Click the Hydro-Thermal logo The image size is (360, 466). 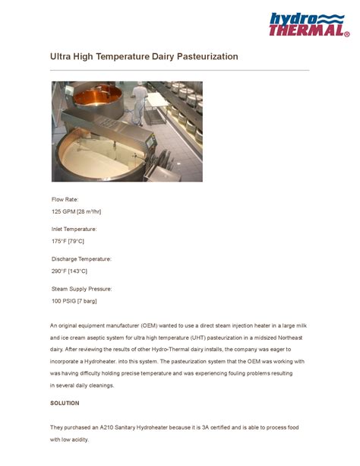(x=308, y=24)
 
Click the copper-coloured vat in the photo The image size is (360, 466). (x=94, y=98)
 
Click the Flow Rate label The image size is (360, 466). (x=65, y=199)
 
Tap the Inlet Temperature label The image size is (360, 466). (x=74, y=229)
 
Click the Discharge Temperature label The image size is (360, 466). (x=81, y=259)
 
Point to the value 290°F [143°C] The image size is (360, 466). (x=69, y=271)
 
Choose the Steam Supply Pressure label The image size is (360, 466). (x=81, y=289)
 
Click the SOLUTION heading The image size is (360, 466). (x=65, y=403)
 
